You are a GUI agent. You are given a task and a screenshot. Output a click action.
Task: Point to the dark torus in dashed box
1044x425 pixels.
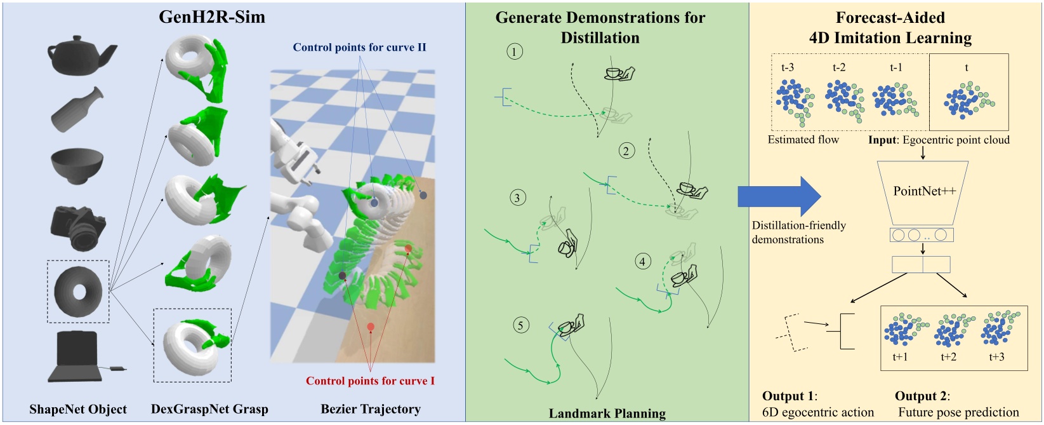pyautogui.click(x=78, y=291)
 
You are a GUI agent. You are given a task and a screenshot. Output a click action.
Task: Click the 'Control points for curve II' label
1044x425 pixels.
pyautogui.click(x=359, y=48)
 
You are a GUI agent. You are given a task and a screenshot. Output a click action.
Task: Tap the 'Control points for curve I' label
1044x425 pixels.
pyautogui.click(x=370, y=381)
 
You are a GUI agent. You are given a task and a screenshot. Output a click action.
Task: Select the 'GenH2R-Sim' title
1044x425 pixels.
pyautogui.click(x=212, y=17)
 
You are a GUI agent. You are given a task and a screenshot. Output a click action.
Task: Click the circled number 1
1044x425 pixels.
pyautogui.click(x=515, y=51)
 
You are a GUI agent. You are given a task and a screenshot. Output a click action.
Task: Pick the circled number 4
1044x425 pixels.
pyautogui.click(x=642, y=261)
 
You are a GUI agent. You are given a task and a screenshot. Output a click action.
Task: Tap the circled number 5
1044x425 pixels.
pyautogui.click(x=520, y=325)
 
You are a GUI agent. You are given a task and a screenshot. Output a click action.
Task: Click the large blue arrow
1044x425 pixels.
pyautogui.click(x=779, y=196)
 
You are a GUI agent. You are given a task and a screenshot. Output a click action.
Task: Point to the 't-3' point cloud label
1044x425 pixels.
pyautogui.click(x=787, y=67)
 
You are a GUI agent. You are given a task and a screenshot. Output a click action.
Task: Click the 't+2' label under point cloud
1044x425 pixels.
pyautogui.click(x=948, y=357)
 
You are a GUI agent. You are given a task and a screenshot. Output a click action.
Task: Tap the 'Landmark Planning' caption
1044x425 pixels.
pyautogui.click(x=607, y=414)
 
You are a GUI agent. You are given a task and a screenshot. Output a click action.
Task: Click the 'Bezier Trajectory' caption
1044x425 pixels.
pyautogui.click(x=371, y=409)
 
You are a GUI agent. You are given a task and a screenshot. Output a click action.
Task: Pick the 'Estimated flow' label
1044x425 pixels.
pyautogui.click(x=803, y=140)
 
